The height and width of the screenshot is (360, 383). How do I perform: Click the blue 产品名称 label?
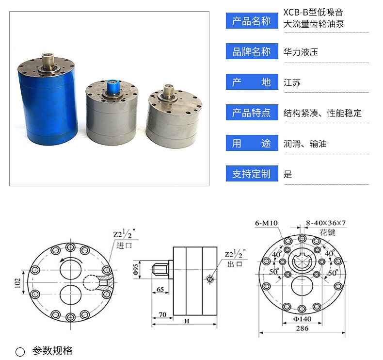252,21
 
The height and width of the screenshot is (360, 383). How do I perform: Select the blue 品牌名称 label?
252,51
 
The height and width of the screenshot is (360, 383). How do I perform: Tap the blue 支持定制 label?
252,174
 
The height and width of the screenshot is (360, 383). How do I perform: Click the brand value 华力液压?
301,52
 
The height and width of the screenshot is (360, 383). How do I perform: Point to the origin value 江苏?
292,82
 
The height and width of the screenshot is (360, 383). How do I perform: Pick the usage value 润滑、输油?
305,144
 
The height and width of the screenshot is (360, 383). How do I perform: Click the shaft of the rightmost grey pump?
169,90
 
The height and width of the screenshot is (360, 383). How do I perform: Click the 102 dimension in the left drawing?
17,283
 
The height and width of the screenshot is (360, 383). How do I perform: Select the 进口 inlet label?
124,245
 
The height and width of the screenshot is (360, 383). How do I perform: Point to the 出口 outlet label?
235,264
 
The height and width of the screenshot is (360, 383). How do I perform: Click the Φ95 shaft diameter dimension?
136,269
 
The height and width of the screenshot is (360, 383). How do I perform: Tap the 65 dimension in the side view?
160,289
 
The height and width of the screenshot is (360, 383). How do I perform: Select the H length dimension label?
187,321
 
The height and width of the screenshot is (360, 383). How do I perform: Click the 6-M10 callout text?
267,223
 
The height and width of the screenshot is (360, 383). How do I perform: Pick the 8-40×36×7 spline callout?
326,223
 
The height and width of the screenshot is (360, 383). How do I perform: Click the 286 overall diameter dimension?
302,328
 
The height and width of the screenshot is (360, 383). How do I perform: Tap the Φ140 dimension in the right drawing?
302,319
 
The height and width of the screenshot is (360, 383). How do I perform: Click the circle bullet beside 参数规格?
20,352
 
